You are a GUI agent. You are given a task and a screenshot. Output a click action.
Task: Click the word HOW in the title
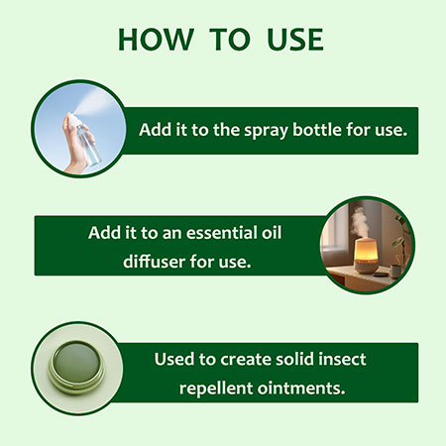click(x=156, y=40)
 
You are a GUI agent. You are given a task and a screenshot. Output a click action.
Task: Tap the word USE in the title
click(x=295, y=40)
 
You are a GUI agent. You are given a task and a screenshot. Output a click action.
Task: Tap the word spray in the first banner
click(x=266, y=131)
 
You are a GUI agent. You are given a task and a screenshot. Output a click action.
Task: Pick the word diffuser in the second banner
click(x=155, y=262)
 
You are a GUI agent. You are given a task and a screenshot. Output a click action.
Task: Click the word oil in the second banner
click(x=272, y=233)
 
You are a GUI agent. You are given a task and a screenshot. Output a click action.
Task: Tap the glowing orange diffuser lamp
click(x=365, y=256)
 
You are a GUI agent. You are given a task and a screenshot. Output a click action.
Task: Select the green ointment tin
click(x=76, y=368)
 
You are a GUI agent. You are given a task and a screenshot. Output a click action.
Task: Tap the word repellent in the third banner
click(x=216, y=389)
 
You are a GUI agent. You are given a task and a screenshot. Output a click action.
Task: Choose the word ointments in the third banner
click(x=301, y=388)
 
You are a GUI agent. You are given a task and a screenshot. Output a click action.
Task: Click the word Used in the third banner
click(x=174, y=359)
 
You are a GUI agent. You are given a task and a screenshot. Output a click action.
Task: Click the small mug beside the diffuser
click(x=394, y=272)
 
